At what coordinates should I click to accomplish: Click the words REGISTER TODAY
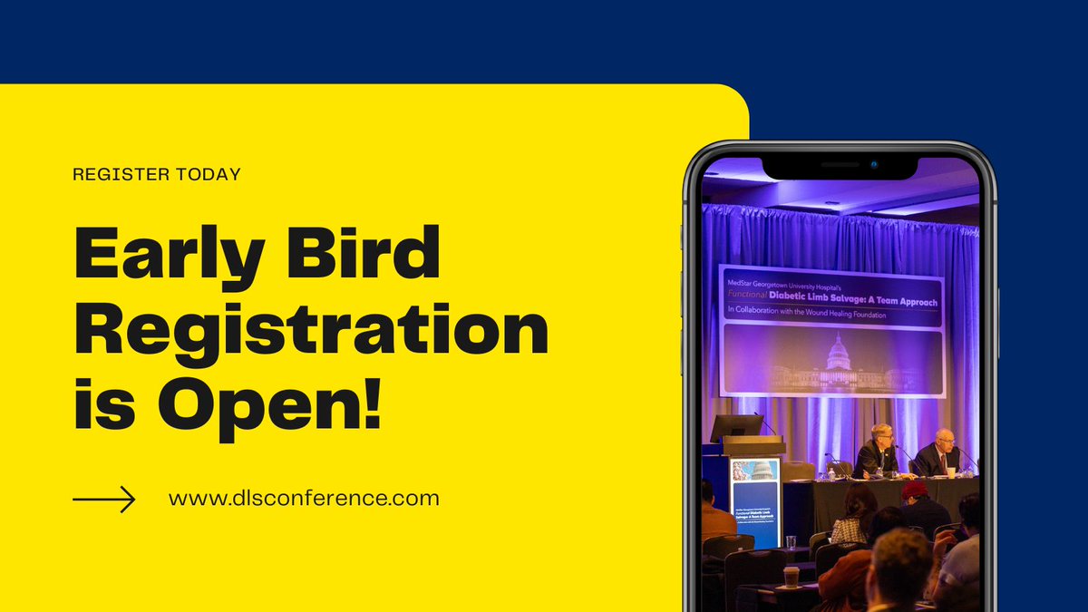(x=156, y=174)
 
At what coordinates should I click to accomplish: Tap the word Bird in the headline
(x=370, y=256)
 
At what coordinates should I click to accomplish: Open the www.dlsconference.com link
(x=304, y=499)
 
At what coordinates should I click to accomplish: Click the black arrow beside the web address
(x=103, y=499)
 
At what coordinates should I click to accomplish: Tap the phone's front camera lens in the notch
(x=874, y=165)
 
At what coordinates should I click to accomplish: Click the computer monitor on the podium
(x=735, y=427)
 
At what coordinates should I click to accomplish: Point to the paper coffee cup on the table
(x=791, y=577)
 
